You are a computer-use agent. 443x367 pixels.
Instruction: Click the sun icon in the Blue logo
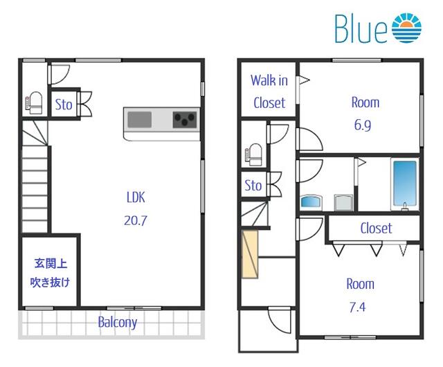tap(406, 28)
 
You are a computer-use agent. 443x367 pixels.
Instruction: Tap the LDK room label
tap(136, 197)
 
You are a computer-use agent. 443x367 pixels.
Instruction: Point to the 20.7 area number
tap(136, 220)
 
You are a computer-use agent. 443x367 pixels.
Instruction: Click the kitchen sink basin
tap(139, 120)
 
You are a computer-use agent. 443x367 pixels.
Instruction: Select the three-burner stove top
tap(185, 120)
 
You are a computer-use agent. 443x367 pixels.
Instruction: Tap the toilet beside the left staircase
tap(34, 102)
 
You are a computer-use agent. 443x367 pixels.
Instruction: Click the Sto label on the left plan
tap(64, 105)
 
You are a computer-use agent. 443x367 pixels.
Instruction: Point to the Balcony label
tap(118, 322)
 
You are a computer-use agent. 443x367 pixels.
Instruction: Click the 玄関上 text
tap(51, 264)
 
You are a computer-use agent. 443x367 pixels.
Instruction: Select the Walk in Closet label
tap(269, 91)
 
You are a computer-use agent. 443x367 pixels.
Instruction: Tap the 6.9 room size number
tap(363, 125)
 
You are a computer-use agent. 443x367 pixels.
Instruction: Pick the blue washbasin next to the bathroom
tap(311, 202)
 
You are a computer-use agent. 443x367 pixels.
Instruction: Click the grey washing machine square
tap(343, 202)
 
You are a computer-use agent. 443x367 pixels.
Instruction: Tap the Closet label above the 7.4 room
tap(376, 229)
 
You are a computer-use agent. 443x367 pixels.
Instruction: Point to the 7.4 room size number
tap(357, 307)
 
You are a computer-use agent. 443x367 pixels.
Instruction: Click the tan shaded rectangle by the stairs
tap(250, 254)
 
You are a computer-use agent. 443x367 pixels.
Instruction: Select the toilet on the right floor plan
tap(253, 154)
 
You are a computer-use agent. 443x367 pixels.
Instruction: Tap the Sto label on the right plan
tap(253, 186)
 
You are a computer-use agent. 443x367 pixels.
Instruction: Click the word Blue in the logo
tap(361, 28)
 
